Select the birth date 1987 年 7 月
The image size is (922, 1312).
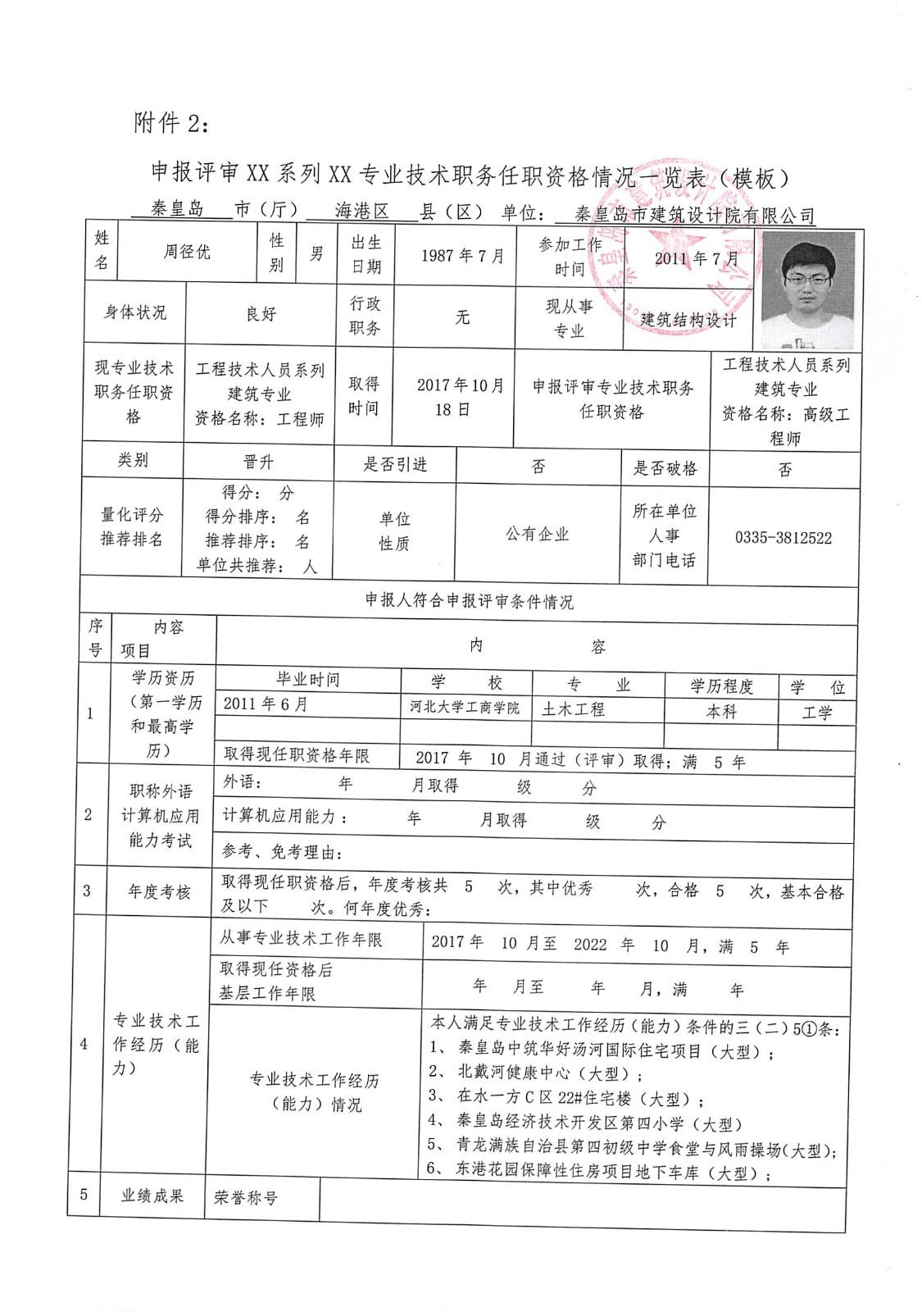pyautogui.click(x=463, y=256)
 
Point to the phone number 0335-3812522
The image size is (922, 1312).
pyautogui.click(x=783, y=538)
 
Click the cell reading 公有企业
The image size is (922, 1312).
pyautogui.click(x=537, y=534)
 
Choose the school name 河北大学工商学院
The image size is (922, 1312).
pyautogui.click(x=465, y=708)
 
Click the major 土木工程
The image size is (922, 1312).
pyautogui.click(x=573, y=708)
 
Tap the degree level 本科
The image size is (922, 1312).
pyautogui.click(x=721, y=712)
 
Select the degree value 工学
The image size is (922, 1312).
pyautogui.click(x=816, y=713)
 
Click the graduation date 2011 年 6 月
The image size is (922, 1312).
pyautogui.click(x=266, y=704)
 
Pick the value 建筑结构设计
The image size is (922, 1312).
pyautogui.click(x=688, y=320)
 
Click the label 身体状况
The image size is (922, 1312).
pyautogui.click(x=134, y=312)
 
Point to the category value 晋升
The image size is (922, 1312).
pyautogui.click(x=258, y=462)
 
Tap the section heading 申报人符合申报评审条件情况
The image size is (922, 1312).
pyautogui.click(x=469, y=601)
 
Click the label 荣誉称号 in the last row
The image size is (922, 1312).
pyautogui.click(x=246, y=1198)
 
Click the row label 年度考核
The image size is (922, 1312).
pyautogui.click(x=158, y=892)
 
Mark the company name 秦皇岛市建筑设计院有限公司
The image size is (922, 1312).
pyautogui.click(x=695, y=216)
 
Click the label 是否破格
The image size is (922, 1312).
pyautogui.click(x=665, y=468)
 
